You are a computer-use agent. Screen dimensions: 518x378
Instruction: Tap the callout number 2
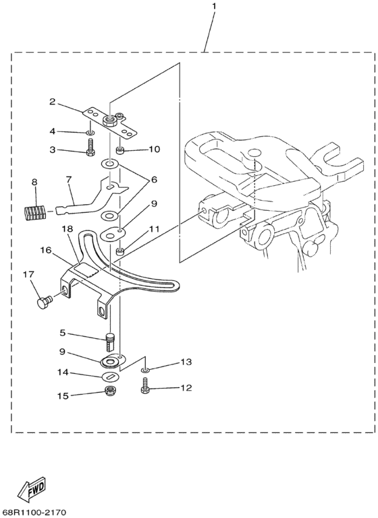[51, 102]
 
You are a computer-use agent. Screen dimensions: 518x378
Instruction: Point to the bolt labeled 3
[89, 150]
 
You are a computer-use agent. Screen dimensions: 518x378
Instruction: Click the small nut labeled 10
[119, 148]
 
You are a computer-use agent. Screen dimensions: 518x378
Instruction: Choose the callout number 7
[68, 179]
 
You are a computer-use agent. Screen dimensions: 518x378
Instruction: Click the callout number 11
[155, 229]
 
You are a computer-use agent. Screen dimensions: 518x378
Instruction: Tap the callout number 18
[67, 229]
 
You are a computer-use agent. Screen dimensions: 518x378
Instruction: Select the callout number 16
[45, 250]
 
